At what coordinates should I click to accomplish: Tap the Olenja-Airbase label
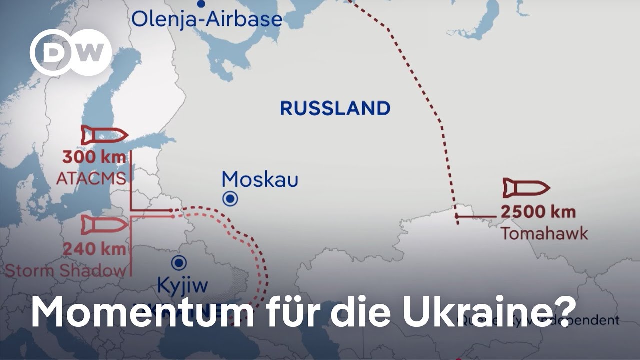pyautogui.click(x=206, y=20)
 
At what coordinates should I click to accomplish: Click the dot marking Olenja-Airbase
pyautogui.click(x=201, y=4)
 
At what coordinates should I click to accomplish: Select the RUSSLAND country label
pyautogui.click(x=335, y=108)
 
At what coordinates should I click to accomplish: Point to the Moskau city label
pyautogui.click(x=260, y=179)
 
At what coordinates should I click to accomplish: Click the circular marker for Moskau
pyautogui.click(x=230, y=199)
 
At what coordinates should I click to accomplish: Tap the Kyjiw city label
pyautogui.click(x=182, y=286)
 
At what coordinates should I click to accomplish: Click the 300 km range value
pyautogui.click(x=94, y=157)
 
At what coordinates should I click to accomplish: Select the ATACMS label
pyautogui.click(x=91, y=178)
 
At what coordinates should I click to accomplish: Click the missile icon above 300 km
pyautogui.click(x=104, y=135)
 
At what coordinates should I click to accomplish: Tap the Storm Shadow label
pyautogui.click(x=65, y=270)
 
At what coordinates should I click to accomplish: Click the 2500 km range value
pyautogui.click(x=538, y=212)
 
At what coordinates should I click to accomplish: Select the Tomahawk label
pyautogui.click(x=544, y=233)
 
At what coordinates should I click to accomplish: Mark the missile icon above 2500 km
pyautogui.click(x=526, y=188)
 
